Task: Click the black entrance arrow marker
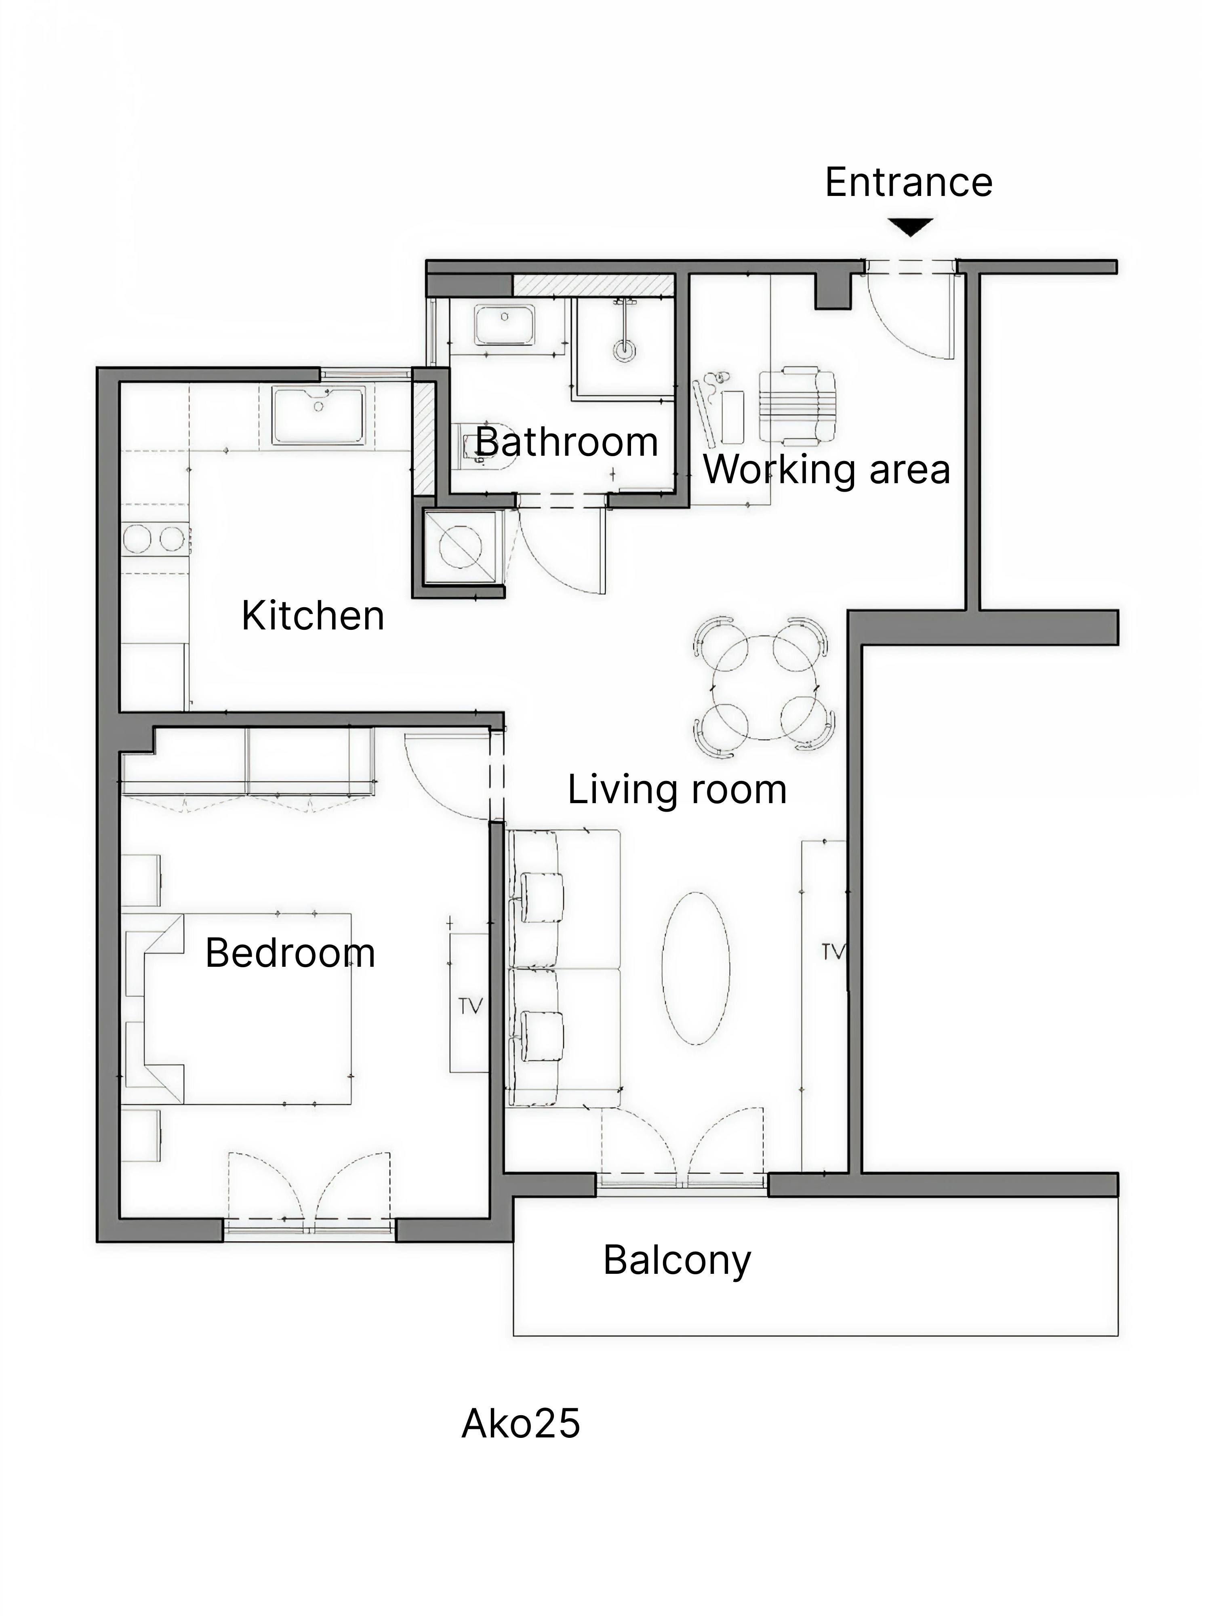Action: tap(910, 227)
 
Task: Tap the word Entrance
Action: tap(908, 183)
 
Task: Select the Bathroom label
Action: tap(566, 443)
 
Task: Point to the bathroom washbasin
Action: tap(504, 325)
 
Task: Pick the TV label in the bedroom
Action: tap(471, 1007)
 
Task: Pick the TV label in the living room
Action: tap(833, 951)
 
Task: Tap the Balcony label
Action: tap(677, 1260)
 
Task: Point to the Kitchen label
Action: tap(313, 616)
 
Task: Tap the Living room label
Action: tap(677, 790)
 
